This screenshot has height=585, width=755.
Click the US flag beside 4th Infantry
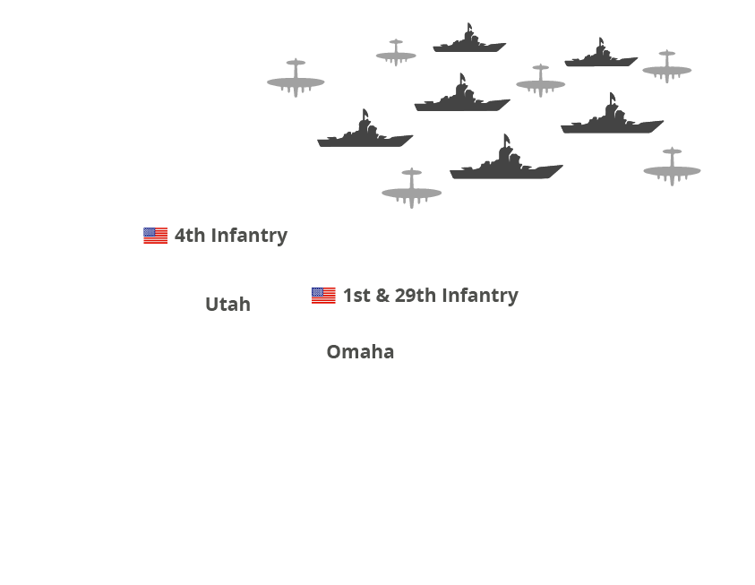[155, 236]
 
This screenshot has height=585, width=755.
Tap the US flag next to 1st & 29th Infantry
[323, 296]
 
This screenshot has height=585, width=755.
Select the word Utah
[227, 305]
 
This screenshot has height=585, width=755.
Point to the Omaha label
[360, 352]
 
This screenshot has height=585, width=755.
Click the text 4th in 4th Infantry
[189, 236]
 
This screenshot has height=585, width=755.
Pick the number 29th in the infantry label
[415, 296]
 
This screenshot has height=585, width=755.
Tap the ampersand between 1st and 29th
[382, 296]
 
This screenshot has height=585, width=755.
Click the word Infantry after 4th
[249, 236]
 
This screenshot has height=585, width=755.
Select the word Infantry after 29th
[480, 296]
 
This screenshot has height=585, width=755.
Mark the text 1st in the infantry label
[356, 296]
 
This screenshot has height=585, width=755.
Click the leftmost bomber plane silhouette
[296, 80]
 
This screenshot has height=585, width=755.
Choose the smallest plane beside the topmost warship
[395, 54]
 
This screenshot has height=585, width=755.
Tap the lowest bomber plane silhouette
[411, 190]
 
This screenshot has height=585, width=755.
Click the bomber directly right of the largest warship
[672, 168]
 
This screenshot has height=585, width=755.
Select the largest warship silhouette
[506, 162]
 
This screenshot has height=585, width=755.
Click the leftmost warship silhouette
[365, 133]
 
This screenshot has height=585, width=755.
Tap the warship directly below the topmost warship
[461, 98]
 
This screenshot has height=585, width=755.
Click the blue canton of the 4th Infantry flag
[149, 232]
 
